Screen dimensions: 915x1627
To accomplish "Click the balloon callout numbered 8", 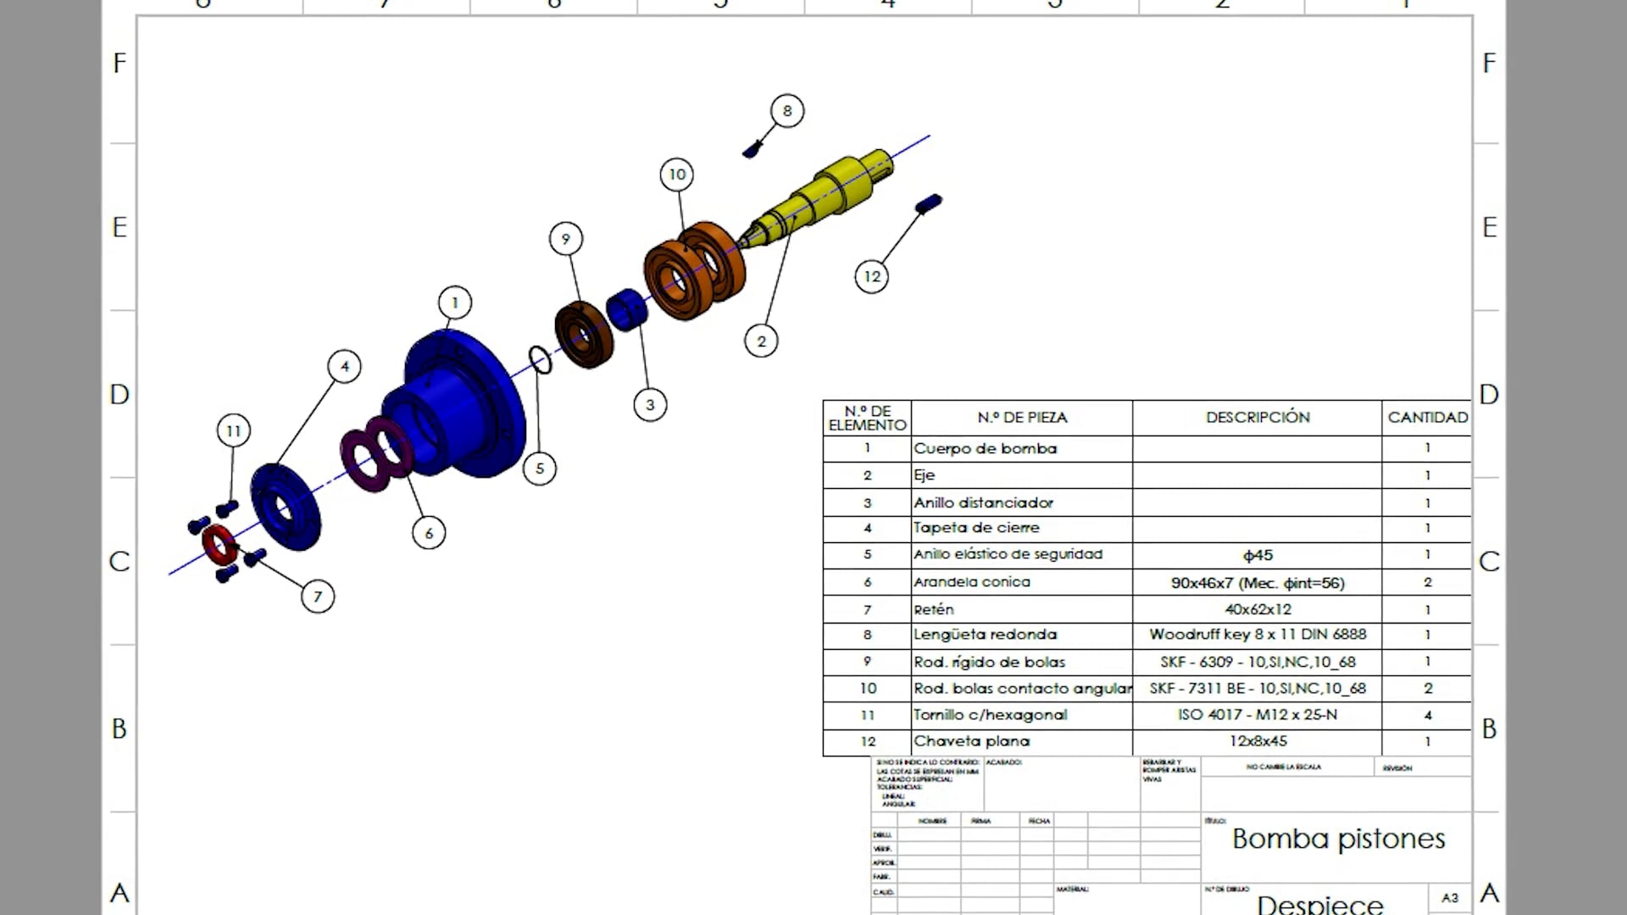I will click(x=787, y=111).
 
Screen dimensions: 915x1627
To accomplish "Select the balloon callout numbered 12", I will click(x=872, y=276).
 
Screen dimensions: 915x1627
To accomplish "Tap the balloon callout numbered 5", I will click(x=540, y=469).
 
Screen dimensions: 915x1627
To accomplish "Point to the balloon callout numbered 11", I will click(x=233, y=431).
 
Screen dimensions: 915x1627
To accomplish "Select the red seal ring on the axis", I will click(x=219, y=545).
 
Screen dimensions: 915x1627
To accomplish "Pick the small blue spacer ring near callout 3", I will click(x=628, y=309).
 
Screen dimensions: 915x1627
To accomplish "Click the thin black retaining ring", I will click(x=540, y=360).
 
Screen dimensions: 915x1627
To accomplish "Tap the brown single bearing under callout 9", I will click(x=584, y=335).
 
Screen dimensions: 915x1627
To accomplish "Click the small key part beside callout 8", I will click(x=752, y=151).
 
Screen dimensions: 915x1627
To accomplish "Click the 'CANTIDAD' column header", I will click(x=1427, y=418).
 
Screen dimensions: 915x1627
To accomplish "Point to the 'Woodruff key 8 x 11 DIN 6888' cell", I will click(x=1258, y=635).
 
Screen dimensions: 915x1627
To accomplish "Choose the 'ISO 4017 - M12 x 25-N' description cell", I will click(x=1258, y=715).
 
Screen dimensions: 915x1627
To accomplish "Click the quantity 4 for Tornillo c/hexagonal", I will click(x=1427, y=715).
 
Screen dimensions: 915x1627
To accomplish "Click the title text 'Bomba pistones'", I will click(x=1338, y=839).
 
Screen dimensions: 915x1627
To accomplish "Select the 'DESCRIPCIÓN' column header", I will click(x=1258, y=418).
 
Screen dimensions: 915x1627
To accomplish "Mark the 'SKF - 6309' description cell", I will click(x=1258, y=663).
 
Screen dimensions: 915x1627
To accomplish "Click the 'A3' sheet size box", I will click(x=1450, y=898).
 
